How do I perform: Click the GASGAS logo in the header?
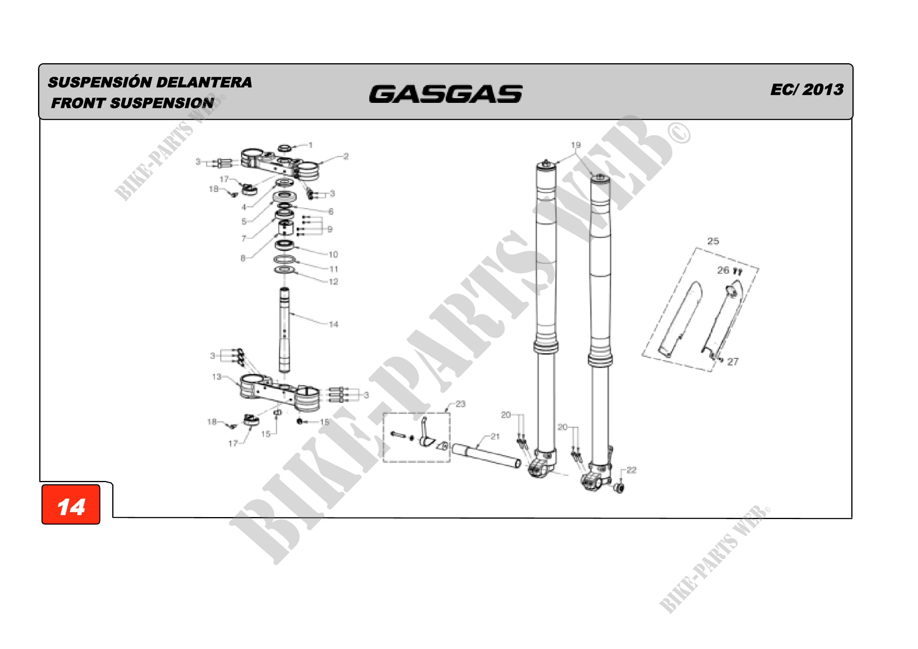[x=445, y=94]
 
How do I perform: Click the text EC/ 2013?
[x=807, y=90]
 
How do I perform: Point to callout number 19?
[x=575, y=145]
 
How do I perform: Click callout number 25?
[x=713, y=241]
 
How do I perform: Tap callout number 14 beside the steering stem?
[x=334, y=324]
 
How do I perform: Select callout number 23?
[x=461, y=404]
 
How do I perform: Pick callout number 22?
[x=631, y=470]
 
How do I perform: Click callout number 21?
[x=495, y=436]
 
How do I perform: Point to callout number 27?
[x=732, y=362]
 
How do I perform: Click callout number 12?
[x=334, y=282]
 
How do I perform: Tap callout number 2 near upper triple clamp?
[x=346, y=156]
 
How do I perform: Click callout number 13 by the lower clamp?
[x=217, y=377]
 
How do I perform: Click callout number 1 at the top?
[x=311, y=145]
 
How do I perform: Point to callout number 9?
[x=330, y=229]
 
